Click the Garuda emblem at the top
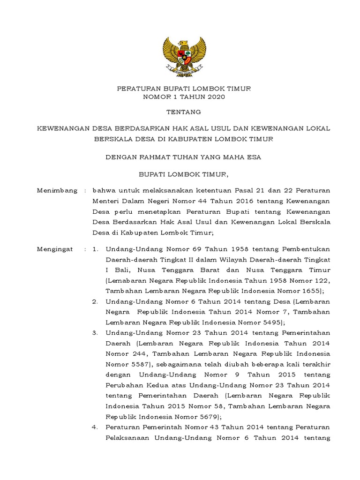pyautogui.click(x=184, y=56)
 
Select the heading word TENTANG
pyautogui.click(x=184, y=112)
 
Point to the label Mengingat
pyautogui.click(x=55, y=249)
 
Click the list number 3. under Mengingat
pyautogui.click(x=95, y=332)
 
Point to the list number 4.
pyautogui.click(x=95, y=427)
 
